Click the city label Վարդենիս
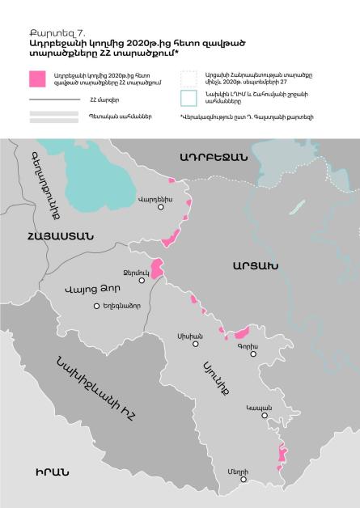(151, 197)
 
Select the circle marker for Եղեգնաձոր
(97, 306)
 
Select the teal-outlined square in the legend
(188, 99)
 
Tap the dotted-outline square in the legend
(188, 78)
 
